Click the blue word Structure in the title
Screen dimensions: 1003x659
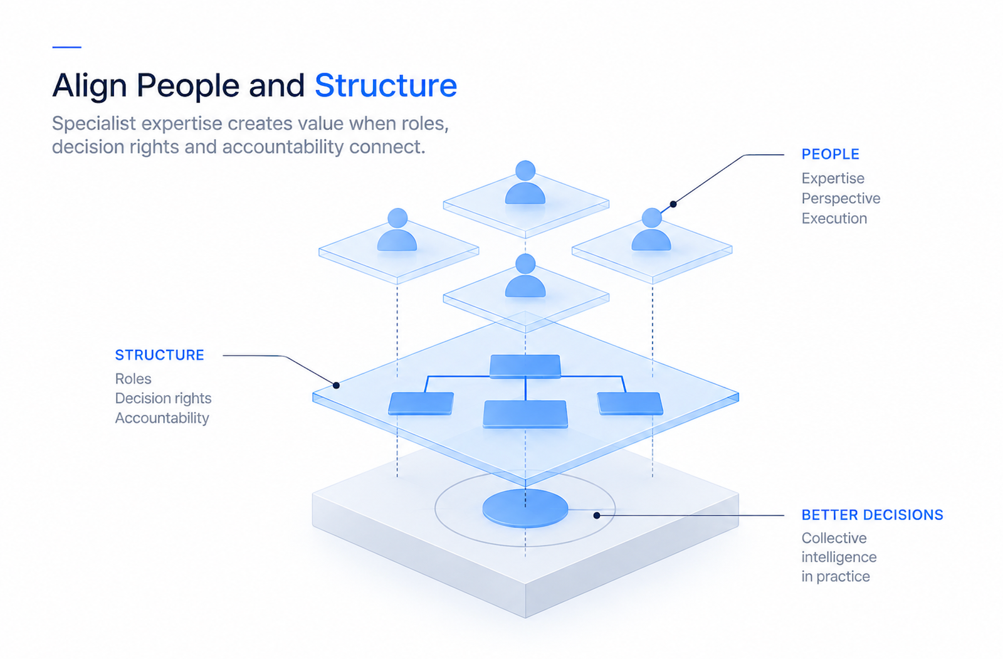click(x=386, y=85)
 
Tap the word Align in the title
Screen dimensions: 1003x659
click(x=90, y=86)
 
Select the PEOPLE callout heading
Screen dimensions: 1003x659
click(x=830, y=154)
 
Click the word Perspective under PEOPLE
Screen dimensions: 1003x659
click(x=841, y=199)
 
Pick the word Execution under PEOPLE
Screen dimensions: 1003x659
click(x=834, y=218)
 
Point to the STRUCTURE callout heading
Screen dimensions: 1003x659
click(x=159, y=355)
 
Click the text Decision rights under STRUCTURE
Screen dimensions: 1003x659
click(x=163, y=398)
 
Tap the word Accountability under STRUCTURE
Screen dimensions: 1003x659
click(x=162, y=418)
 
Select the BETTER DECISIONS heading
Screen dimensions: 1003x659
click(x=872, y=515)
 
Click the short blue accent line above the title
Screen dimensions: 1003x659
click(x=66, y=46)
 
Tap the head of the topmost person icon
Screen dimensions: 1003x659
click(x=525, y=171)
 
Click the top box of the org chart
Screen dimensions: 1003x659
click(x=525, y=366)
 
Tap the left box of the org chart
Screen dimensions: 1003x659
click(x=421, y=404)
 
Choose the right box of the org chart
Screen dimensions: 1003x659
click(x=630, y=404)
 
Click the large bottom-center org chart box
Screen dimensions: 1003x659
click(x=525, y=414)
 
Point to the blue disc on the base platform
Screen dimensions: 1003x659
click(x=525, y=509)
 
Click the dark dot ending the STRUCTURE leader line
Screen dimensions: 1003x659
click(x=336, y=385)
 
